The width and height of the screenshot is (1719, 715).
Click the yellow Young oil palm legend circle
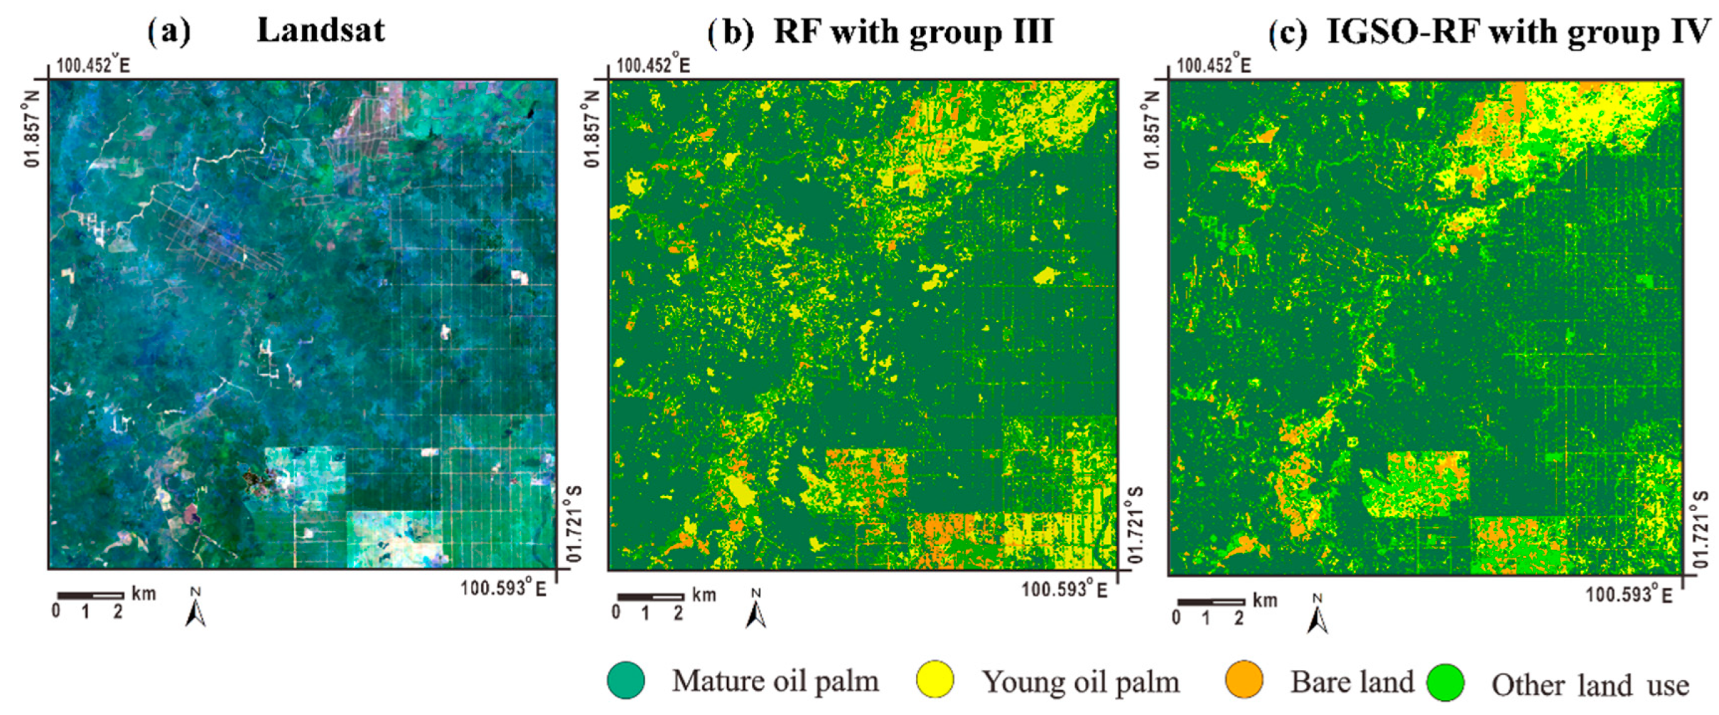pyautogui.click(x=934, y=679)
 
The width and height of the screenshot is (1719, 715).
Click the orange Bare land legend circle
pyautogui.click(x=1244, y=679)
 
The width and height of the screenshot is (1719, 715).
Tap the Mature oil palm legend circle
pyautogui.click(x=626, y=679)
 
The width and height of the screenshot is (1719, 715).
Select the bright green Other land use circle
pyautogui.click(x=1445, y=683)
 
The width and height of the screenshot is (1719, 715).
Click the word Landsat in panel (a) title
pyautogui.click(x=320, y=31)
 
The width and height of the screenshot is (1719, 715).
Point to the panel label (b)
pyautogui.click(x=731, y=33)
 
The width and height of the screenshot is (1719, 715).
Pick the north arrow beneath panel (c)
pyautogui.click(x=1317, y=615)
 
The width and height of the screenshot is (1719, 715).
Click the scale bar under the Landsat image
pyautogui.click(x=90, y=596)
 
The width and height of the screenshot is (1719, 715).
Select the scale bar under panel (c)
pyautogui.click(x=1211, y=602)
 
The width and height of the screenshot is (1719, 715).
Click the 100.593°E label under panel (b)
pyautogui.click(x=1064, y=591)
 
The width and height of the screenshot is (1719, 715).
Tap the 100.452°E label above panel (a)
pyautogui.click(x=93, y=66)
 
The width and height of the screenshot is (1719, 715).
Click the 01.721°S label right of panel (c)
pyautogui.click(x=1701, y=529)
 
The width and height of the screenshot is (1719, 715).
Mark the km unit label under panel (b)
pyautogui.click(x=704, y=595)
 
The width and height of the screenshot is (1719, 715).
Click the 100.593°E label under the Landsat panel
pyautogui.click(x=503, y=588)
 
